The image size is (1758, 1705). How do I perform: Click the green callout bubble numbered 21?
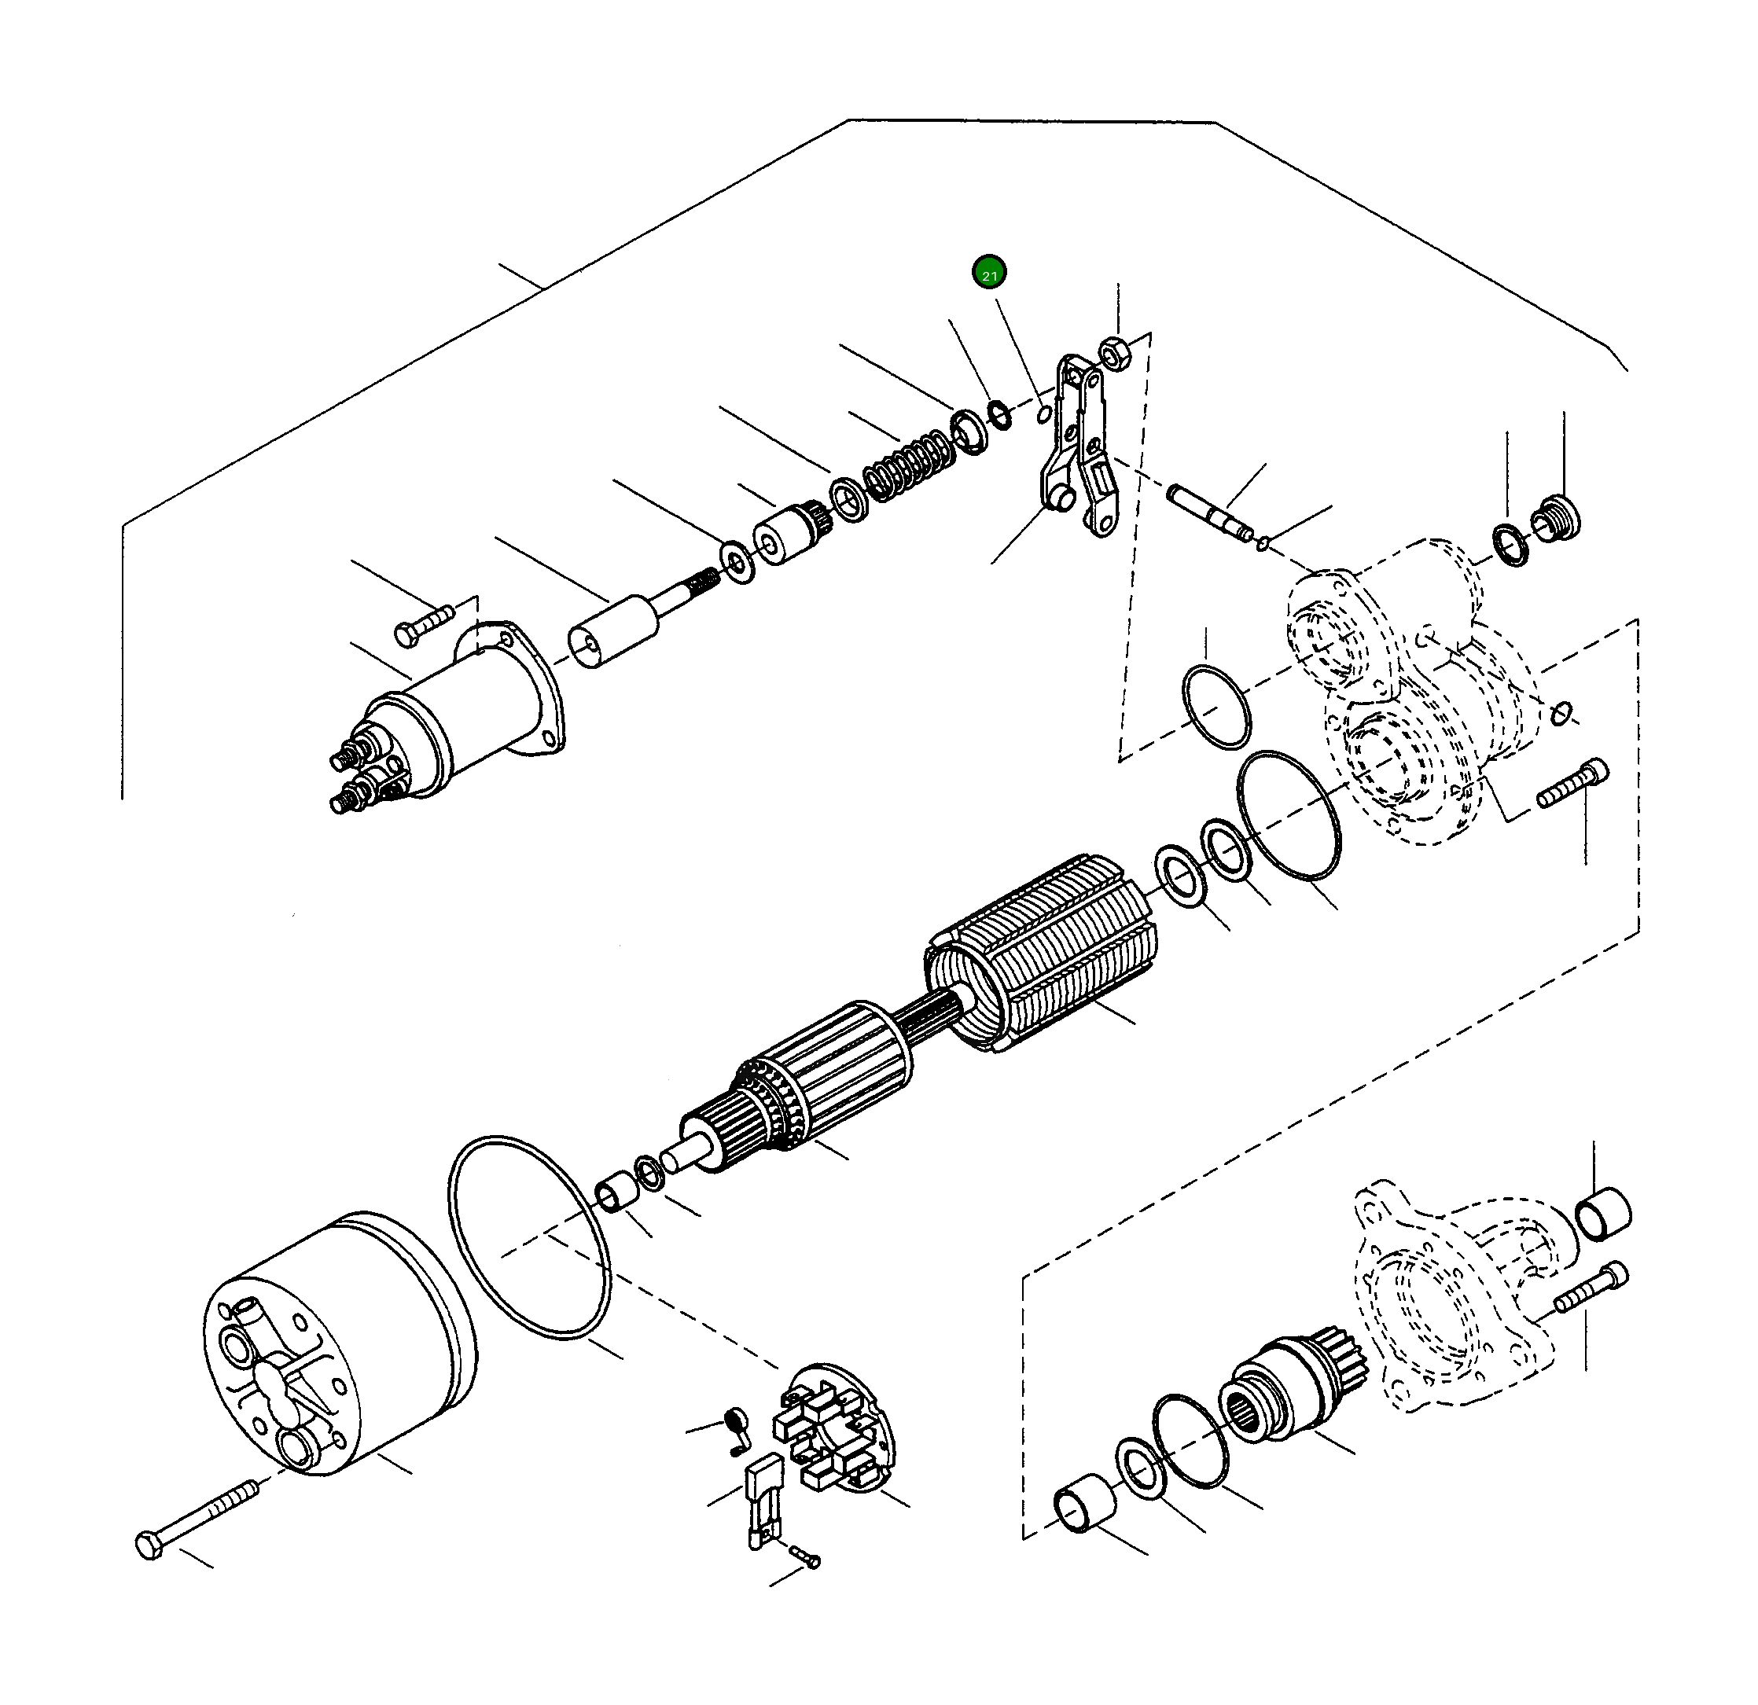(988, 273)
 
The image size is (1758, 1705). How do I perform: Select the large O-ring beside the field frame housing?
(528, 1239)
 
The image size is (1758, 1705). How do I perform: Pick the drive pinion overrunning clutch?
(1287, 1393)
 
